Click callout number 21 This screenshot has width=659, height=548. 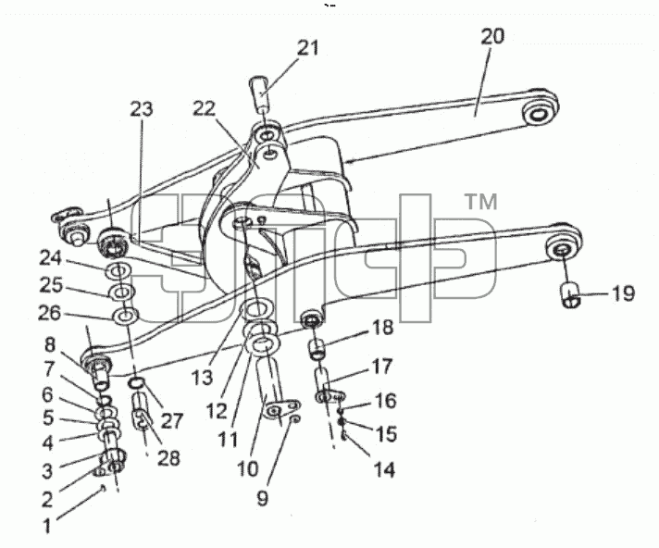(308, 47)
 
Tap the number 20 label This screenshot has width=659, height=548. (492, 36)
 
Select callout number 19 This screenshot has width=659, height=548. (623, 293)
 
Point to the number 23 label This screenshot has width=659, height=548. (142, 109)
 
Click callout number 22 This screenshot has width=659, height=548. (205, 109)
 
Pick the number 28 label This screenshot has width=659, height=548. (168, 457)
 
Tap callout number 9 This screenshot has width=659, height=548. (262, 498)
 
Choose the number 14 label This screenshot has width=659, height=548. (384, 469)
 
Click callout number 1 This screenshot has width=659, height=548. (47, 525)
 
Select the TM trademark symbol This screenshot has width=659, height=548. (482, 202)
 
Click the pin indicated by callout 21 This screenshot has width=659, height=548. (261, 93)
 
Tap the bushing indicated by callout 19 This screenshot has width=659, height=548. (570, 295)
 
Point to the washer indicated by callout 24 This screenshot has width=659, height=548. (119, 271)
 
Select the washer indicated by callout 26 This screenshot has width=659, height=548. (126, 315)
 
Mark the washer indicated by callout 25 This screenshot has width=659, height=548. (122, 292)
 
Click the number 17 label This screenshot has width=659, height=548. (382, 366)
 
